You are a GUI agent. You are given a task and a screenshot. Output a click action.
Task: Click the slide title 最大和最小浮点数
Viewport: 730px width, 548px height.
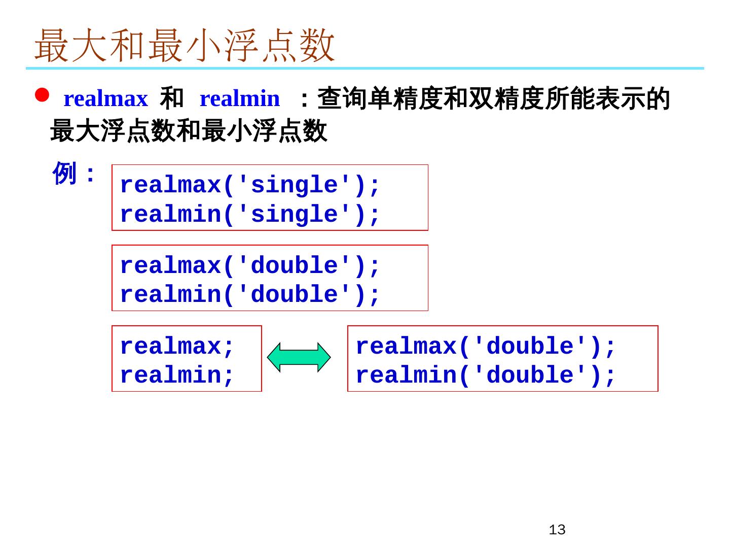click(x=185, y=46)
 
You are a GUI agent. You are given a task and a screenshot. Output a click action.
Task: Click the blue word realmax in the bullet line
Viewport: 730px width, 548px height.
click(x=105, y=98)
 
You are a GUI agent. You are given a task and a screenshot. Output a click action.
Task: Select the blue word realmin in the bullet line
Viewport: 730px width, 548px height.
click(x=239, y=98)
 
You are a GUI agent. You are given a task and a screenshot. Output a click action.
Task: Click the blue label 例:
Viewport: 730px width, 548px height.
click(x=74, y=174)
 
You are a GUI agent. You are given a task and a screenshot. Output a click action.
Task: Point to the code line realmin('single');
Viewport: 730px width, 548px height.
click(x=249, y=214)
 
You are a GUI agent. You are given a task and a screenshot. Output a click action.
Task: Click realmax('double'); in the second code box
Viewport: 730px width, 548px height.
click(x=249, y=265)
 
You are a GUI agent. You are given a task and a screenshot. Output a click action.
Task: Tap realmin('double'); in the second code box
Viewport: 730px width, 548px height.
click(x=249, y=294)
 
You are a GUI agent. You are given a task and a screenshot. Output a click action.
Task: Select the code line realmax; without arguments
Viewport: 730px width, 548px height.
click(x=177, y=346)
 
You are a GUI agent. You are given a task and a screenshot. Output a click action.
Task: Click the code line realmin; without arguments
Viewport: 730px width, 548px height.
click(x=177, y=375)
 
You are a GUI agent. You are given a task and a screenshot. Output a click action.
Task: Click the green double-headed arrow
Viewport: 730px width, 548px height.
click(x=299, y=358)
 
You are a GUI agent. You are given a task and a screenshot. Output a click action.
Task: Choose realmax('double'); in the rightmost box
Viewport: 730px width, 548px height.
click(x=485, y=346)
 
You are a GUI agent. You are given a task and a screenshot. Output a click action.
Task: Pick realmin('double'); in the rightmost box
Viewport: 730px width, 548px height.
click(x=485, y=375)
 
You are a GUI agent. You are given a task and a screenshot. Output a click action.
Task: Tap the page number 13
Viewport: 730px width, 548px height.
click(x=557, y=530)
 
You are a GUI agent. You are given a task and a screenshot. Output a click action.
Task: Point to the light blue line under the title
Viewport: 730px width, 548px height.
click(x=365, y=68)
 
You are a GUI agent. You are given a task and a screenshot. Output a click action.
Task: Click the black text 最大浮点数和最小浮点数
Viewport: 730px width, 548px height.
click(x=189, y=131)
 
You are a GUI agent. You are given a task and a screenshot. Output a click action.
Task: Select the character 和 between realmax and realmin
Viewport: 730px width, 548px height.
click(x=171, y=98)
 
